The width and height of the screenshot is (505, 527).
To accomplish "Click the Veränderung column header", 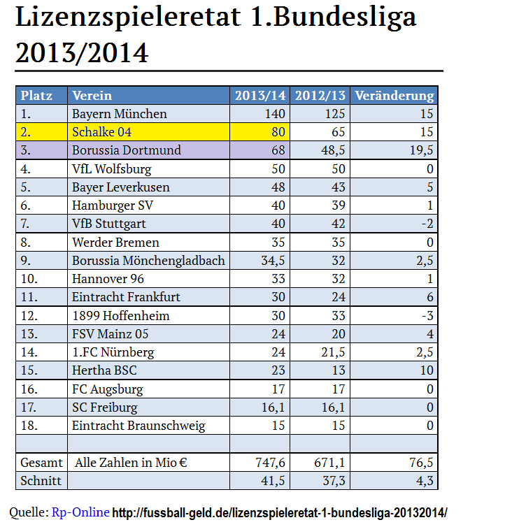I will coord(394,96).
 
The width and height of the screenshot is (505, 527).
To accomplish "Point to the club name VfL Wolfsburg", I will coord(111,168).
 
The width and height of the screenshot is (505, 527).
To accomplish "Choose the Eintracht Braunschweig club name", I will coord(138,425).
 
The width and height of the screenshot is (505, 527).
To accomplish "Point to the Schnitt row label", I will coord(41,480).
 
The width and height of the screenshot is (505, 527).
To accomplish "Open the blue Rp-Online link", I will coord(80,512).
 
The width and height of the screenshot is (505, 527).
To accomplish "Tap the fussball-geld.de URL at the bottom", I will coord(280,512).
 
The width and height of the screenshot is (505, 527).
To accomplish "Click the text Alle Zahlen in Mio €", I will coord(132,462).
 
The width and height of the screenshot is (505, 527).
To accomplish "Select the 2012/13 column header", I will coord(319,96).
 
